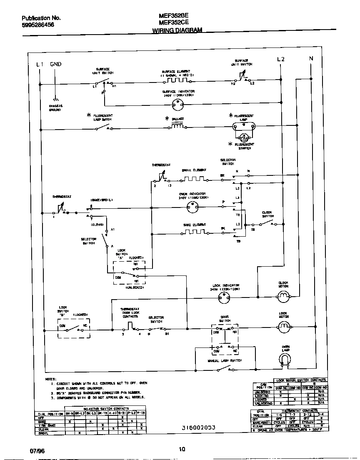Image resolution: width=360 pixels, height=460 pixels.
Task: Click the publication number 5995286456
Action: click(x=38, y=25)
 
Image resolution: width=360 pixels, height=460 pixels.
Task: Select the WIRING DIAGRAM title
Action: click(x=177, y=30)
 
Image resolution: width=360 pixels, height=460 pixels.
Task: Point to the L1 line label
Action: click(x=40, y=64)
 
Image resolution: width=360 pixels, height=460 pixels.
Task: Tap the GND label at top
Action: click(x=56, y=64)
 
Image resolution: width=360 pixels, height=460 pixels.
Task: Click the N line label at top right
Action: click(x=311, y=59)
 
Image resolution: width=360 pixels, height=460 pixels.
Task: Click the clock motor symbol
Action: click(x=283, y=296)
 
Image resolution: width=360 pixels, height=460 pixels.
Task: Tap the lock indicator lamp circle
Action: click(x=225, y=297)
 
